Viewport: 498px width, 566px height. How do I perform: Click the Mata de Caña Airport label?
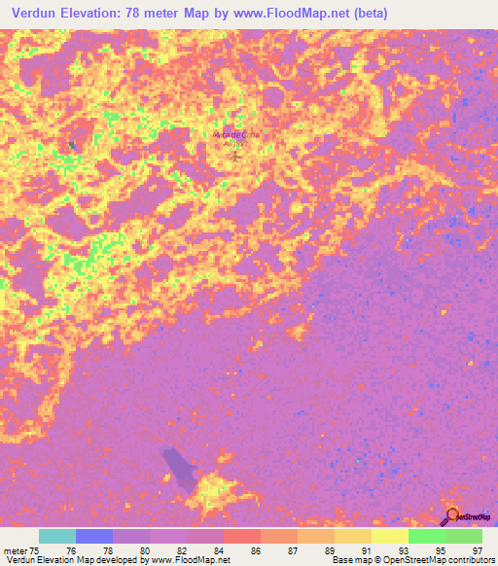(x=232, y=136)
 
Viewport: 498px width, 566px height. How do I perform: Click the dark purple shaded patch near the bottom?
(x=180, y=467)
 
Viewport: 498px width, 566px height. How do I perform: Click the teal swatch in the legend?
(x=57, y=536)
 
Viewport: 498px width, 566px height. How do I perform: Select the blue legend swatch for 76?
(x=94, y=536)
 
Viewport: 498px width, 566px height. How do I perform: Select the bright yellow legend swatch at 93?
(x=390, y=536)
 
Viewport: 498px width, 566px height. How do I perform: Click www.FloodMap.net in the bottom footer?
(x=189, y=560)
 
